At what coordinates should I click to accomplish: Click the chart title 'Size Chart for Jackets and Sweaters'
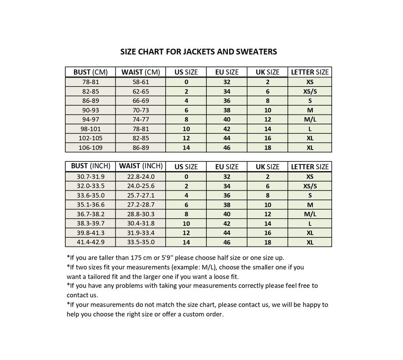point(198,52)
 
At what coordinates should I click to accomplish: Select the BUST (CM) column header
point(90,72)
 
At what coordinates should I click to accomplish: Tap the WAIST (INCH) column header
point(141,166)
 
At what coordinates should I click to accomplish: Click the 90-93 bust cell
point(90,110)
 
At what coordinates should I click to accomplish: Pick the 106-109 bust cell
point(90,148)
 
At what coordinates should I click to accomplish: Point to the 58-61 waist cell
point(141,82)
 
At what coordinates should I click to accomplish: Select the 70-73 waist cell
point(141,110)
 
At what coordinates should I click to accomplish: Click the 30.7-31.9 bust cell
point(90,176)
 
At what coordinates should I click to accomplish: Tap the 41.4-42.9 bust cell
point(90,242)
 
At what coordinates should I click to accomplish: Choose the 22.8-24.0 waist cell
point(141,176)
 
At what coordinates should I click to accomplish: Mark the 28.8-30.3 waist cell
point(141,214)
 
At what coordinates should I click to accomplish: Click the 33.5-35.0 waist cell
point(141,242)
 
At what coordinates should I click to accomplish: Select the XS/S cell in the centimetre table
point(310,92)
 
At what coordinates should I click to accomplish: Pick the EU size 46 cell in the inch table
point(226,242)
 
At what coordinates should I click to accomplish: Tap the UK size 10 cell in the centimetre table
point(267,110)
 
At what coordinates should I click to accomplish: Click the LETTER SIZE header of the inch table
point(310,167)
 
